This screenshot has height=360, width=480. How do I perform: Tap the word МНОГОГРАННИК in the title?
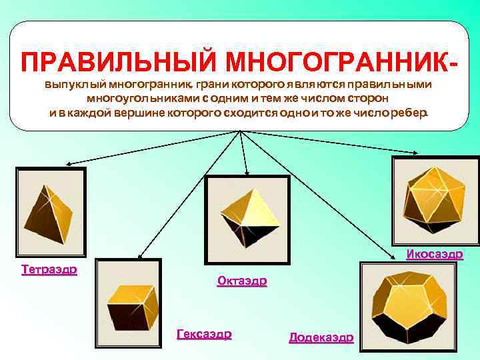334,62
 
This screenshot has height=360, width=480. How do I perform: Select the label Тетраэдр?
49,270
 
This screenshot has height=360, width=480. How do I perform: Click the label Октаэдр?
242,281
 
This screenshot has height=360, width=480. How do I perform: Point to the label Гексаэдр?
204,334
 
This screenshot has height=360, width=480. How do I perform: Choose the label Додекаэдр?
321,337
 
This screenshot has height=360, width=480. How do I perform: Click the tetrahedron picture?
50,212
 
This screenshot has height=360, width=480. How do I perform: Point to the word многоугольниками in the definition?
141,99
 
